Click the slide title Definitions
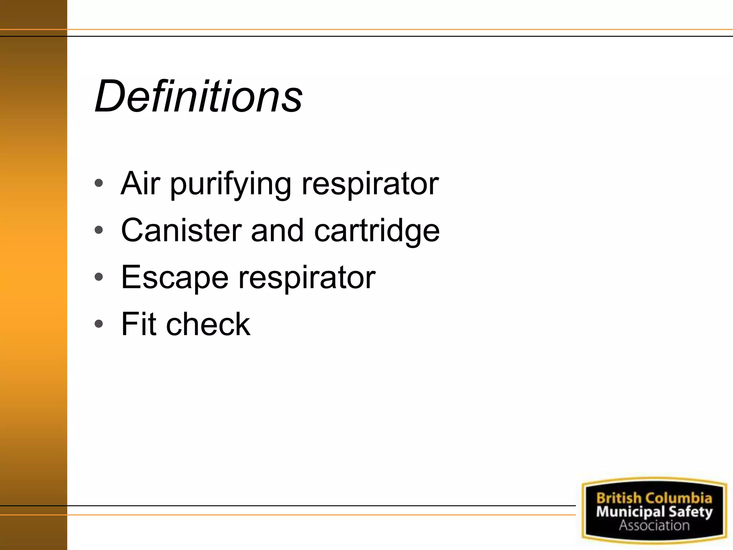[199, 96]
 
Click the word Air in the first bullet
[140, 183]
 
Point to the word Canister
[181, 230]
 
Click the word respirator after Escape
[307, 279]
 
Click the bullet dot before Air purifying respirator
[99, 183]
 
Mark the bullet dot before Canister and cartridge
[99, 230]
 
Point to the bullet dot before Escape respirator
[99, 277]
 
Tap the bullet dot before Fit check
[99, 324]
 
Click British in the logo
[618, 498]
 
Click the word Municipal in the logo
[630, 512]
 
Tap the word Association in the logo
[654, 526]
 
